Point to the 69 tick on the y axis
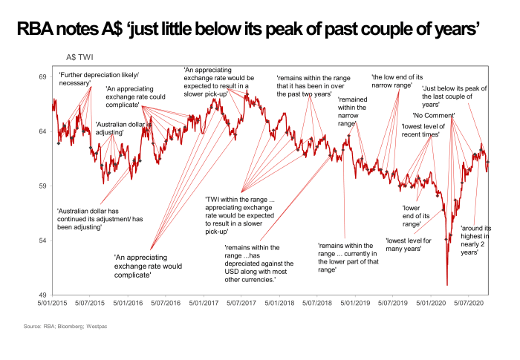(x=42, y=77)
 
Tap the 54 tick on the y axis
(x=42, y=240)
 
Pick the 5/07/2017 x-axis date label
(x=240, y=304)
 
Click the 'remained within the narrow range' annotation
(x=351, y=111)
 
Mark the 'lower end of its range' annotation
(x=412, y=216)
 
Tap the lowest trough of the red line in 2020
(x=447, y=284)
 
